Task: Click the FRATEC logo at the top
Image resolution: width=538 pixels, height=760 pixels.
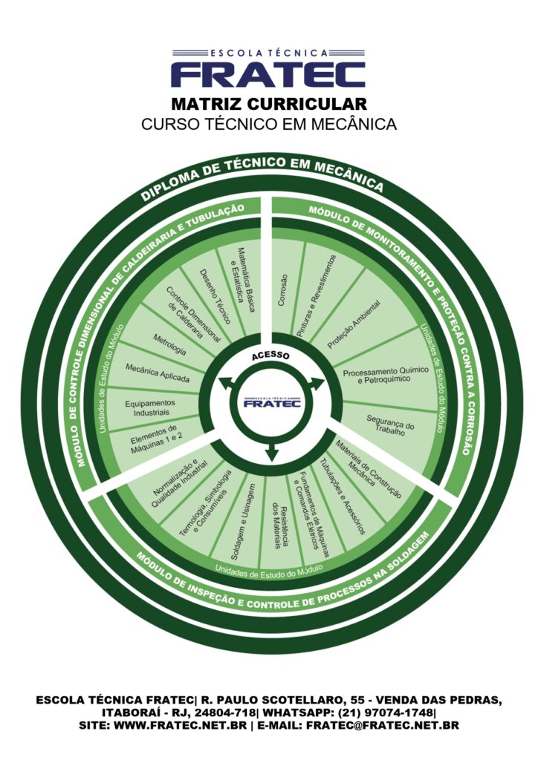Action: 268,69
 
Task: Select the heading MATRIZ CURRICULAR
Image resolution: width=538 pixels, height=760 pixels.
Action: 269,104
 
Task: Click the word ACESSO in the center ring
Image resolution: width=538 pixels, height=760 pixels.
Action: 270,356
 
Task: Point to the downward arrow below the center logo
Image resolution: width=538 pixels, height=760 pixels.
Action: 272,449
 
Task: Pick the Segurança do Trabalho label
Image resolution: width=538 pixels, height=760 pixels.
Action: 390,425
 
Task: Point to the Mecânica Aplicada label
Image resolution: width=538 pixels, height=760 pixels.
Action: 158,373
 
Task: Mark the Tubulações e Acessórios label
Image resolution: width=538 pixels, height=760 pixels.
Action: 343,496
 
